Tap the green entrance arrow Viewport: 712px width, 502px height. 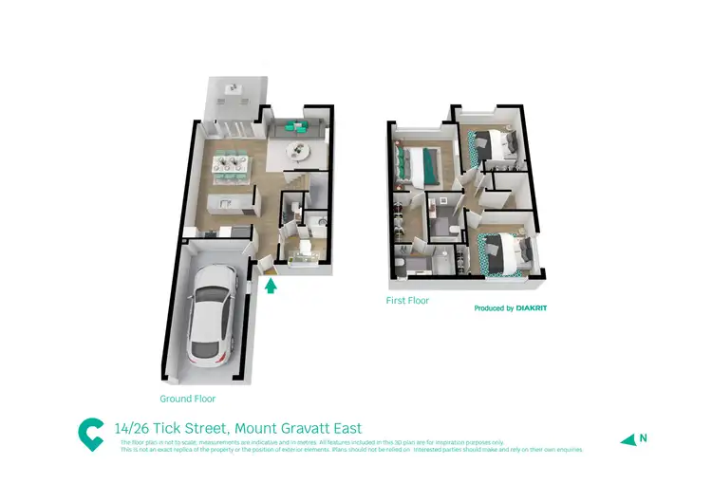(x=271, y=284)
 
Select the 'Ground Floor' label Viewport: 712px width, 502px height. (x=187, y=400)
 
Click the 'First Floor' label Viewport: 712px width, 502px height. (x=407, y=301)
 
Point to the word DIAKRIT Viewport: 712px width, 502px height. (x=533, y=308)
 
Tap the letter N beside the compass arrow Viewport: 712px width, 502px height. (x=643, y=437)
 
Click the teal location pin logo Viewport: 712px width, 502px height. (x=90, y=434)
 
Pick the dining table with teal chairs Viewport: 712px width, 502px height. (x=232, y=166)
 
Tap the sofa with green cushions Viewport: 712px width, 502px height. (x=296, y=127)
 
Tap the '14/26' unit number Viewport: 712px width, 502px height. (x=130, y=429)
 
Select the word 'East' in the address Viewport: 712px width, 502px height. (x=346, y=429)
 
